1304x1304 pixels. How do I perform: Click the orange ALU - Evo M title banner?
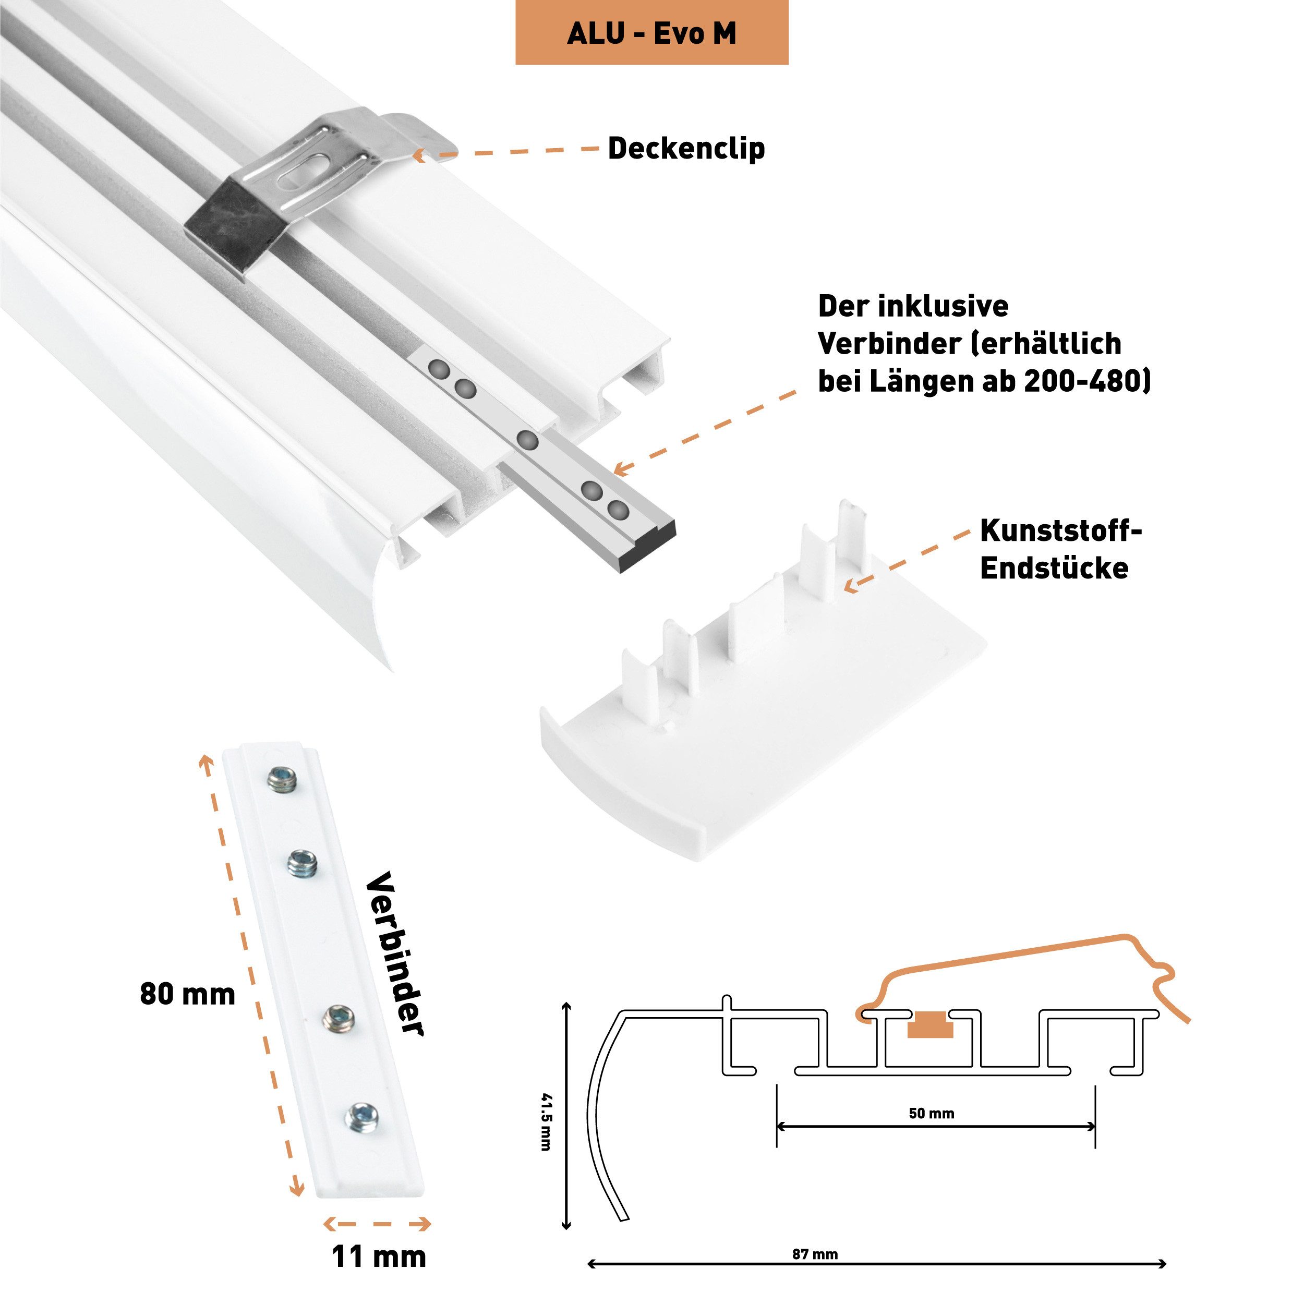[651, 32]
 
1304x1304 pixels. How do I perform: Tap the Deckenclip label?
[686, 149]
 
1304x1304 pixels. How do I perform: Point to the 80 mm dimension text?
[188, 994]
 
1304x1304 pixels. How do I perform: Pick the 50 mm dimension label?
[932, 1113]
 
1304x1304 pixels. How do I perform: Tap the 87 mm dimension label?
[815, 1254]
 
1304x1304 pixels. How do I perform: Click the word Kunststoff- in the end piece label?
[1060, 530]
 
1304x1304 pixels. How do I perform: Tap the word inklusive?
[943, 306]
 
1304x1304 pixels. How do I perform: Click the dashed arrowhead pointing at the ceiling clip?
[418, 155]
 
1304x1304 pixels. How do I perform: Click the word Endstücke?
[1054, 569]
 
